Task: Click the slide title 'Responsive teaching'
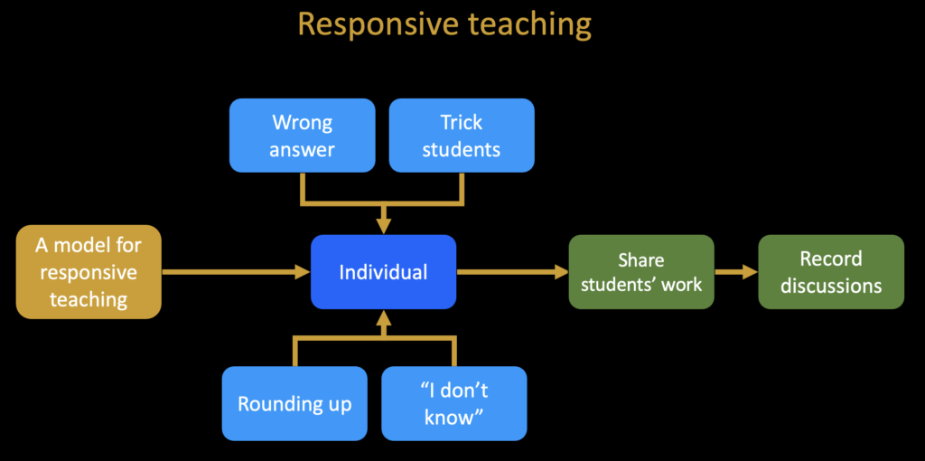[444, 24]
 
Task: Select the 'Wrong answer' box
[302, 136]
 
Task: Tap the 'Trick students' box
[462, 136]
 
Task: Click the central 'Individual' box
[383, 272]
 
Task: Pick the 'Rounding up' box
[295, 404]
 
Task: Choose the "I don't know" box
[454, 404]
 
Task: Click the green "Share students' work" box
[641, 272]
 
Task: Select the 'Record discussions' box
[831, 272]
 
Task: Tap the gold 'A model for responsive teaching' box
[89, 272]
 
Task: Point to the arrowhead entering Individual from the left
[302, 272]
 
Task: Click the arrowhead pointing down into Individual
[383, 225]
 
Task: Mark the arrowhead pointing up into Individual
[383, 319]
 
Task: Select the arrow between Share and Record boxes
[736, 272]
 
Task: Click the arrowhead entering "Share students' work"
[560, 272]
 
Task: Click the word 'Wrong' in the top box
[302, 123]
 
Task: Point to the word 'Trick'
[462, 123]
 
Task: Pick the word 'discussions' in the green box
[831, 286]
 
